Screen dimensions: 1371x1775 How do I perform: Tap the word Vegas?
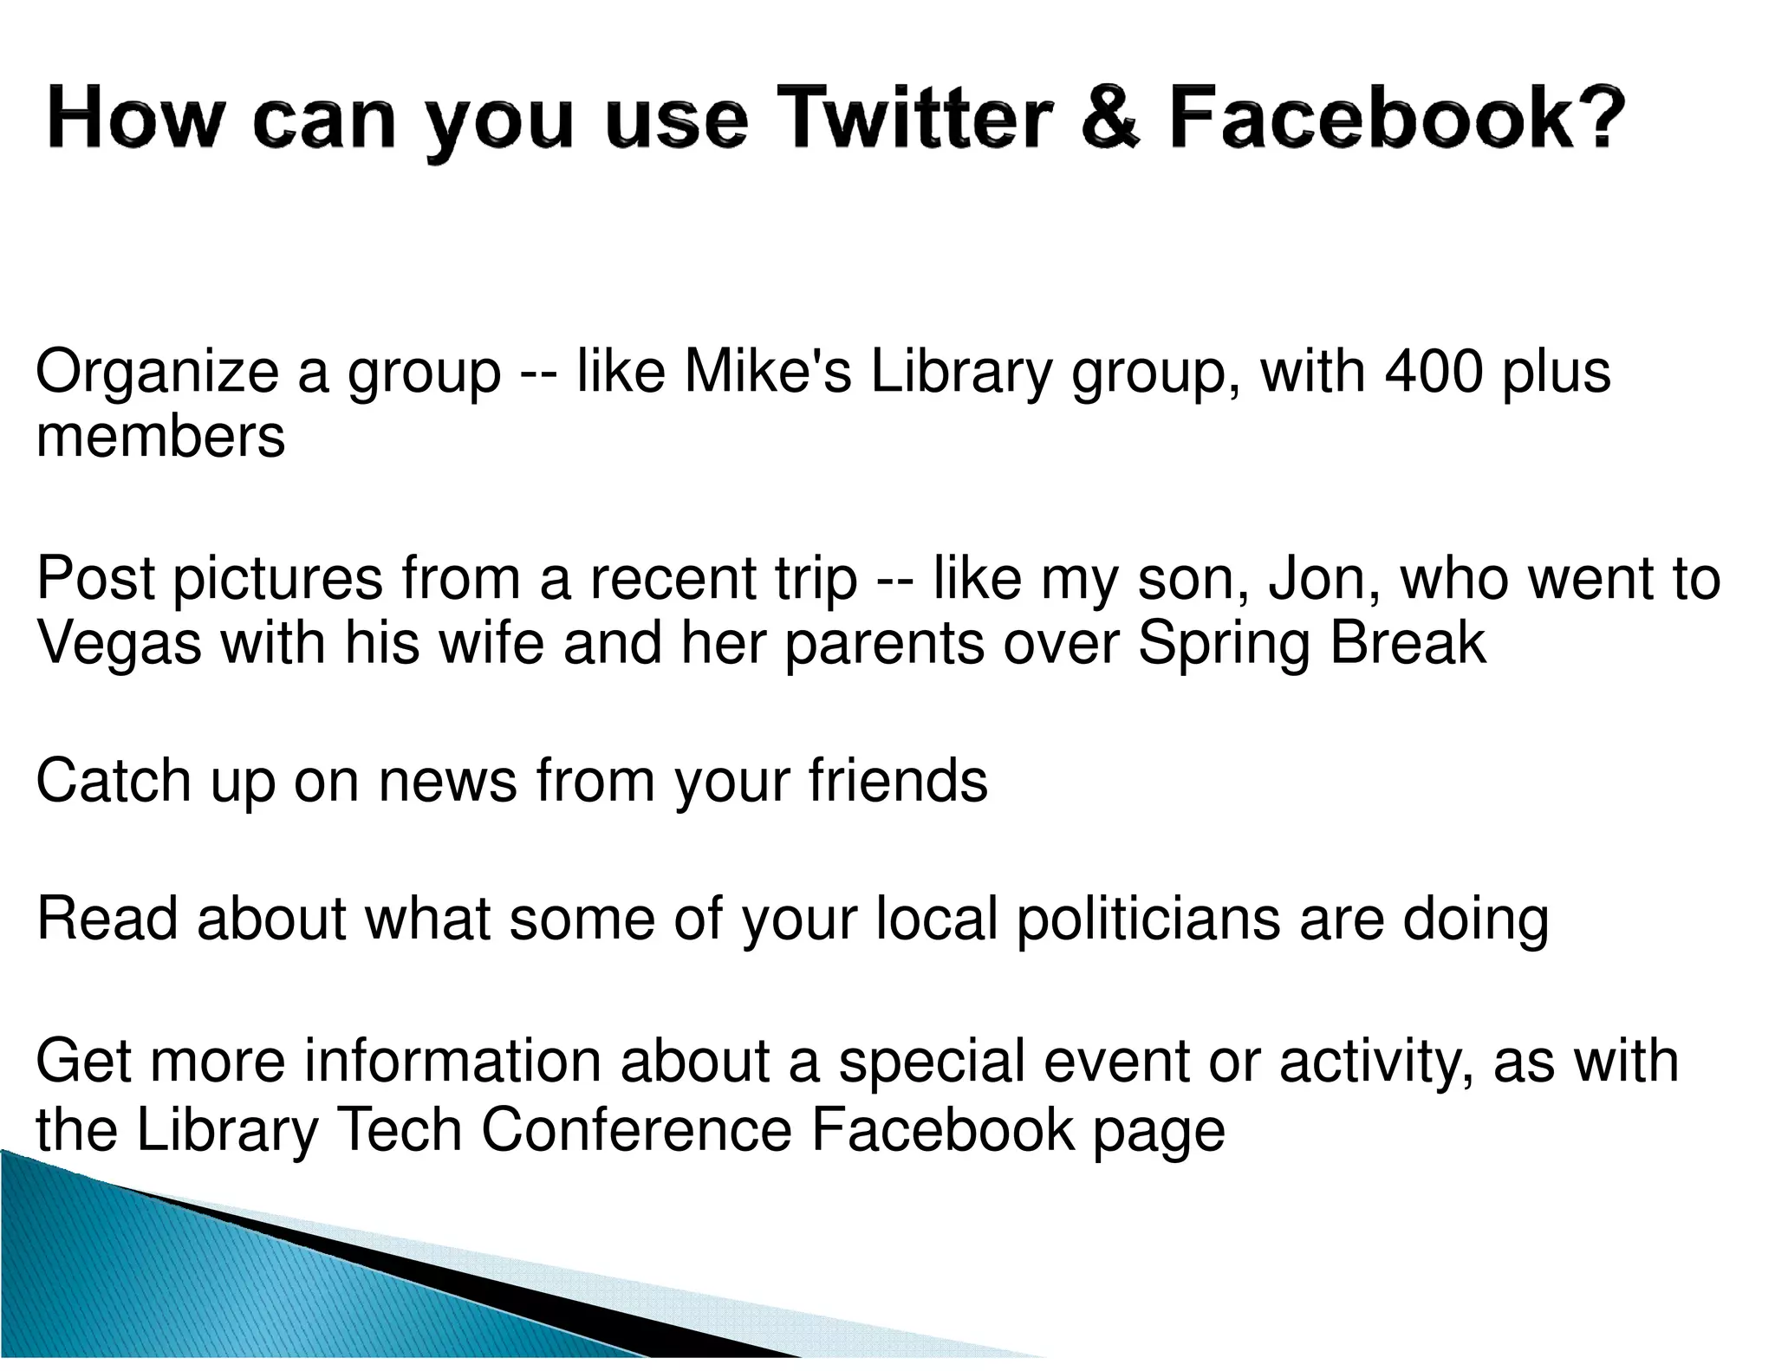pos(119,643)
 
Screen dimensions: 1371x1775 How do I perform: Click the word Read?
pos(107,919)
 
